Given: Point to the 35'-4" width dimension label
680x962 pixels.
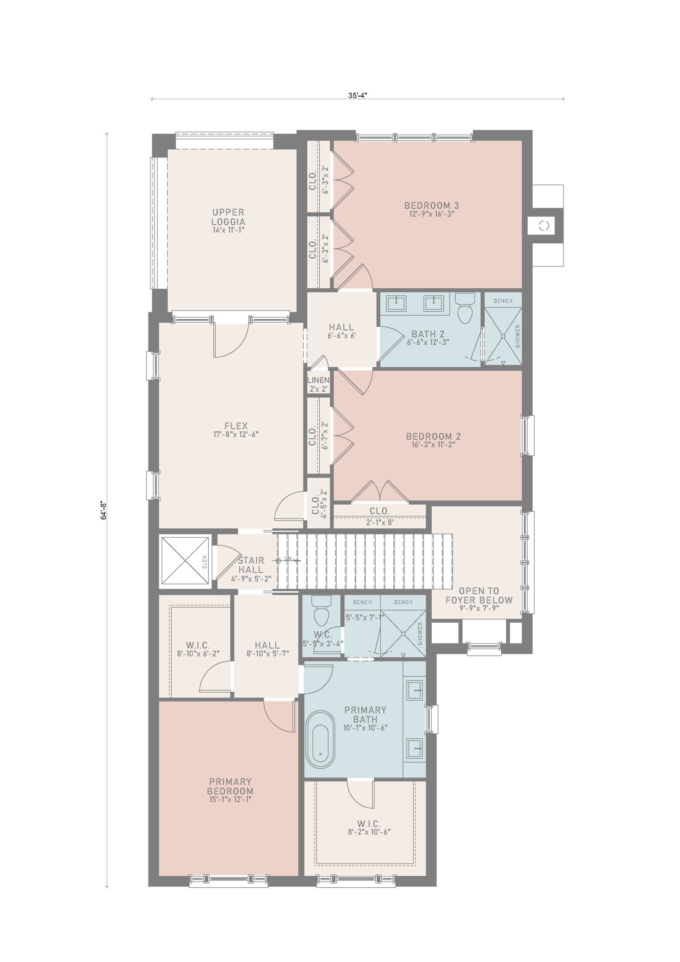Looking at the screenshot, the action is click(357, 95).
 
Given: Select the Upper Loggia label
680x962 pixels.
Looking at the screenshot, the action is click(228, 217).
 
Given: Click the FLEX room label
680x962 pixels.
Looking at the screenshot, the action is click(236, 426).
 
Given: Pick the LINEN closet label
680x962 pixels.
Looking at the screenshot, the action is click(319, 380).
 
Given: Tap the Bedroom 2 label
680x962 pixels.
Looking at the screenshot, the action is click(433, 436).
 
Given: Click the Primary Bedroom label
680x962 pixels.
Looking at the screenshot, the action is click(230, 787).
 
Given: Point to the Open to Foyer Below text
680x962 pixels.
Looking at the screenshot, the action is click(479, 595).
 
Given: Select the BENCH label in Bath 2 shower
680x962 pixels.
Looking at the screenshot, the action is click(503, 301).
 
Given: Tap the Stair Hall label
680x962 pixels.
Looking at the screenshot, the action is click(251, 565).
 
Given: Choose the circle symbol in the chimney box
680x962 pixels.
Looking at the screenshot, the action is click(544, 226).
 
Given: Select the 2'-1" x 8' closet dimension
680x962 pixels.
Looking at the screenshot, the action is click(379, 522).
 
